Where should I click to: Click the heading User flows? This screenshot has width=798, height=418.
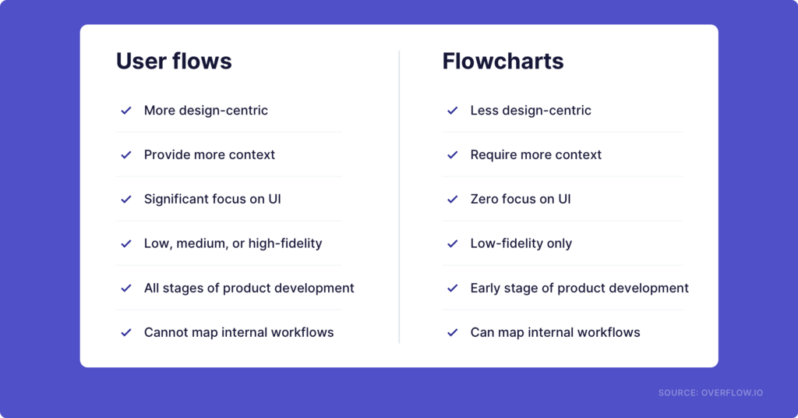174,62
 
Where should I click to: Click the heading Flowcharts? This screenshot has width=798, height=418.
503,62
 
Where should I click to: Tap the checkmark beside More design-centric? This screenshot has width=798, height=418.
125,111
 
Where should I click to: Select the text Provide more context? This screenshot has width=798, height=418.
209,154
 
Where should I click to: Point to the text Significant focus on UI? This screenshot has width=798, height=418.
212,199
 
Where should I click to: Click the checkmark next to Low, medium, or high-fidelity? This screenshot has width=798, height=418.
125,243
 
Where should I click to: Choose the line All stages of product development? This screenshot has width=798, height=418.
249,288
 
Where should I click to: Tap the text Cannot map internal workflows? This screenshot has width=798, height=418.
238,332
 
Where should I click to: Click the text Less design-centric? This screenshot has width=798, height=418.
530,111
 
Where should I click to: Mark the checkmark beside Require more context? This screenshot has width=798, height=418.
452,155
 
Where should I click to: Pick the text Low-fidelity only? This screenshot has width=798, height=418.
521,243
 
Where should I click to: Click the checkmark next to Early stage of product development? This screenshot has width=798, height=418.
452,288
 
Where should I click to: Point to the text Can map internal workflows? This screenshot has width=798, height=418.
555,332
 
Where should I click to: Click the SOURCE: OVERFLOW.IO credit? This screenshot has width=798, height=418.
710,393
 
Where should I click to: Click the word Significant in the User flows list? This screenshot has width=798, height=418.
176,199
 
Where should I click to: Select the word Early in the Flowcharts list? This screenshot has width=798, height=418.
486,288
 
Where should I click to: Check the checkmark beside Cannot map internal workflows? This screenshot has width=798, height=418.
125,332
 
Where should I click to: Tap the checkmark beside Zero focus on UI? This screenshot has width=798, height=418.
452,200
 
